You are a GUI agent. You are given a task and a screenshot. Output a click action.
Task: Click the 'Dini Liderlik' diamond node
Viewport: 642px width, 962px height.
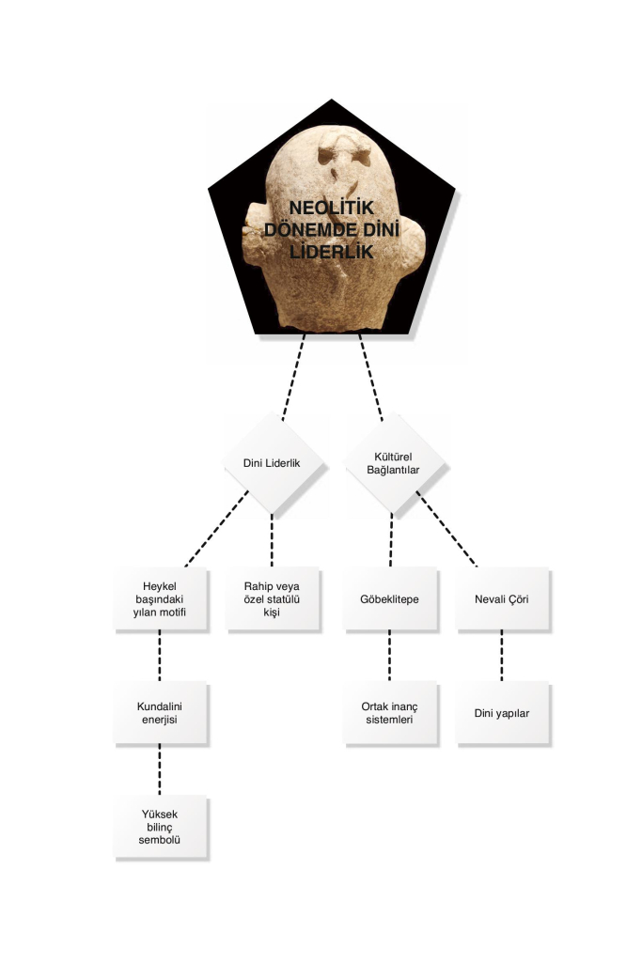click(272, 463)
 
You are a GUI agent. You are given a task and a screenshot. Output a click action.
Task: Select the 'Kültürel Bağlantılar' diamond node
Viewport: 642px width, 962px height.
click(393, 463)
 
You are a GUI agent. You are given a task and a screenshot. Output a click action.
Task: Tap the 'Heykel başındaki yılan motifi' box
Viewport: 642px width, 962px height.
click(160, 598)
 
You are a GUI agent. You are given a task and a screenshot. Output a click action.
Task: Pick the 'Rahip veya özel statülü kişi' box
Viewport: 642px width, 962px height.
click(272, 598)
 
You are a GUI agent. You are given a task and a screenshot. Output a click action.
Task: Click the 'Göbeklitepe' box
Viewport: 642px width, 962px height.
click(390, 598)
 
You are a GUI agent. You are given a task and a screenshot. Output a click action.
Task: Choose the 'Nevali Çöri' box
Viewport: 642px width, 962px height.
click(501, 598)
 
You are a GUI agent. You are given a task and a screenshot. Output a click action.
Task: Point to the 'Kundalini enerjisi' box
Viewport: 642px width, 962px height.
click(160, 713)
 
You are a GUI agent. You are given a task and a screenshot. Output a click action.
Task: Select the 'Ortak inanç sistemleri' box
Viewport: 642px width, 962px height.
click(390, 713)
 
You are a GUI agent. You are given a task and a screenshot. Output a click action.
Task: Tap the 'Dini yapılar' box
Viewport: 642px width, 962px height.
click(501, 713)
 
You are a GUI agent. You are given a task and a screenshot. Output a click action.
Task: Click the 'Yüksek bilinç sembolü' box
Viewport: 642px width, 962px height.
click(160, 827)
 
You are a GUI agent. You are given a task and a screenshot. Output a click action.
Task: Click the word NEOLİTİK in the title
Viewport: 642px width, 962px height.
click(332, 208)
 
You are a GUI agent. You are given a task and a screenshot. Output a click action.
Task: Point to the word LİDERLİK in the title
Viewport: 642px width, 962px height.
click(332, 252)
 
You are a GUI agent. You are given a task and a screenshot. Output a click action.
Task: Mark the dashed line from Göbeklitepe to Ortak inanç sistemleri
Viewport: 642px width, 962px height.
click(390, 655)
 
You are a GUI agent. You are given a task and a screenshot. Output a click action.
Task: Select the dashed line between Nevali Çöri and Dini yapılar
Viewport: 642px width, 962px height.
click(501, 655)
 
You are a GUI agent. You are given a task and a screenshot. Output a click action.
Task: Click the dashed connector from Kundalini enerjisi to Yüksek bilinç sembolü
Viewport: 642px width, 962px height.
click(160, 769)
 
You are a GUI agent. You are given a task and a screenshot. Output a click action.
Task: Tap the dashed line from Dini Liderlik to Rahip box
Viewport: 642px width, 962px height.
click(272, 540)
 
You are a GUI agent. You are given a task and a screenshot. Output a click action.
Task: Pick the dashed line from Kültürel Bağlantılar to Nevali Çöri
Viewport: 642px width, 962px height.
click(446, 528)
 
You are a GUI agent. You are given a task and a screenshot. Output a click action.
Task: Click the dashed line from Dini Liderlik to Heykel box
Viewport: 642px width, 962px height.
click(216, 528)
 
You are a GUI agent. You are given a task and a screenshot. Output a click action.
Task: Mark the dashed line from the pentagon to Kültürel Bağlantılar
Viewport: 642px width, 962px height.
click(370, 378)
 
